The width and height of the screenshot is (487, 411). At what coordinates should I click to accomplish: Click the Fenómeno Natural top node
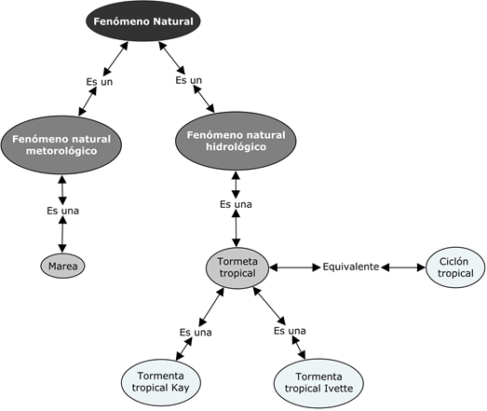point(143,21)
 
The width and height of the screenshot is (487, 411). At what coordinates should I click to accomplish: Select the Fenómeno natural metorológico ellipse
point(61,144)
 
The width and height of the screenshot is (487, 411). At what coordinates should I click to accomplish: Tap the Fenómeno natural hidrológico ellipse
point(236,141)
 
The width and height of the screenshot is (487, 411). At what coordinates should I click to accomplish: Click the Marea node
point(62,267)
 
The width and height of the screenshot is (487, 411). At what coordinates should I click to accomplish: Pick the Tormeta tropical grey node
point(237,268)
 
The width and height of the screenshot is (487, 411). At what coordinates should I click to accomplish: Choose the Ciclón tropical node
point(455,267)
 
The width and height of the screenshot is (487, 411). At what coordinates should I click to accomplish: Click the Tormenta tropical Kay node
point(161,382)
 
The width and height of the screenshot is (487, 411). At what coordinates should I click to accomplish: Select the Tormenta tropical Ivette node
point(318,383)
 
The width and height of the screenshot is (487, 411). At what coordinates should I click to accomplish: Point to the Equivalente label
point(351,267)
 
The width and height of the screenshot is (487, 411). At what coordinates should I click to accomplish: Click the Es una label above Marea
point(62,211)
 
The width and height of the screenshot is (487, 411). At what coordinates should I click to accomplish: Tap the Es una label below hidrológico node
point(236,204)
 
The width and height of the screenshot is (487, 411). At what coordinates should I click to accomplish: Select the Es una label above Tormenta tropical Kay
point(196,333)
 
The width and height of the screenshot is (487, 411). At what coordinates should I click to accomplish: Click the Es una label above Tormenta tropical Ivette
point(290,331)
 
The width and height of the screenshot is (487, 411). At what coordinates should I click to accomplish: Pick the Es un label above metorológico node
point(100,82)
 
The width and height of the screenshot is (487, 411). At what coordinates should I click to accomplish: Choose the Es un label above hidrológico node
point(188,80)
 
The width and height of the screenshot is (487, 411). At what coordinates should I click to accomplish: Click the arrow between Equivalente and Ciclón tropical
point(403,267)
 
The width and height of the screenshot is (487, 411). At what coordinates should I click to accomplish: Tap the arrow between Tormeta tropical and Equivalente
point(295,267)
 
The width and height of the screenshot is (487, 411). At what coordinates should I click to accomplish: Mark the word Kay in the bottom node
point(181,388)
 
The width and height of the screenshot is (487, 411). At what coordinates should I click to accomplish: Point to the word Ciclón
point(453,262)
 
